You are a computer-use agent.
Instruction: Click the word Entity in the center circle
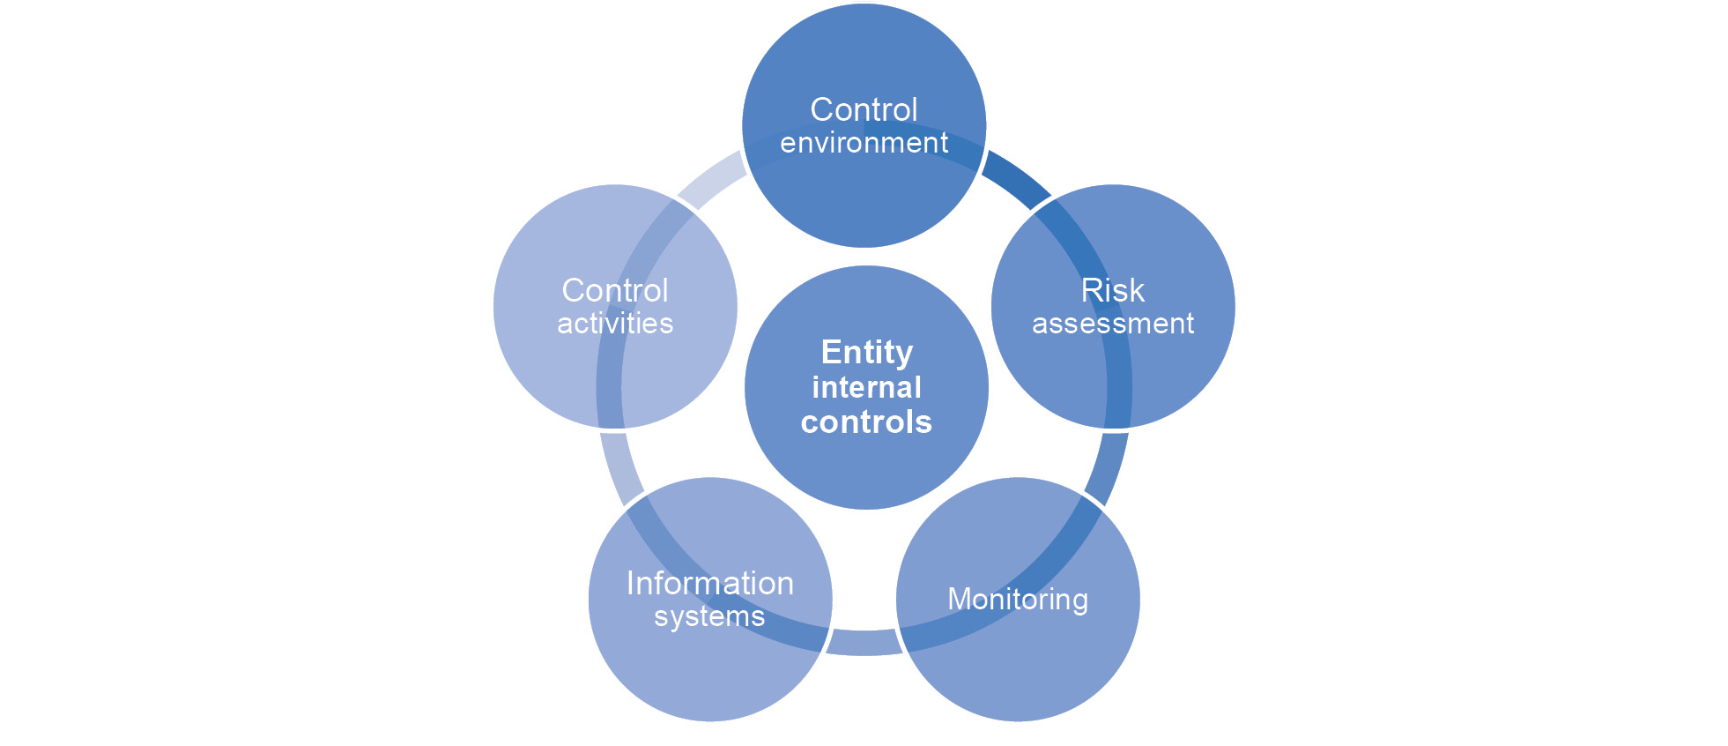[x=866, y=352]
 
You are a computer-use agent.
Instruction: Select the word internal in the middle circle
[x=866, y=387]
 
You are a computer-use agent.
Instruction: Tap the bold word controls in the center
[x=866, y=422]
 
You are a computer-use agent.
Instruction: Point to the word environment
[x=864, y=143]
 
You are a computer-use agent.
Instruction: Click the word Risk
[x=1112, y=290]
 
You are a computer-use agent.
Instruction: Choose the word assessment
[x=1112, y=324]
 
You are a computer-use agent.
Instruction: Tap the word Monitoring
[x=1018, y=600]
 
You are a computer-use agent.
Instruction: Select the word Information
[x=710, y=584]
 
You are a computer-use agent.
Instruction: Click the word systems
[x=709, y=616]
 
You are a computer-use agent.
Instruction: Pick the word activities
[x=615, y=324]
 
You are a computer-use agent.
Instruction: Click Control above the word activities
[x=615, y=290]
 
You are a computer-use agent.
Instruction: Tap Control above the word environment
[x=864, y=110]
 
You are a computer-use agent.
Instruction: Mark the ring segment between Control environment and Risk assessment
[x=1016, y=179]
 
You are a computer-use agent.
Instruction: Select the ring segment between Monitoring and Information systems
[x=864, y=643]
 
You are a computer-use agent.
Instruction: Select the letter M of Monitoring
[x=959, y=600]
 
